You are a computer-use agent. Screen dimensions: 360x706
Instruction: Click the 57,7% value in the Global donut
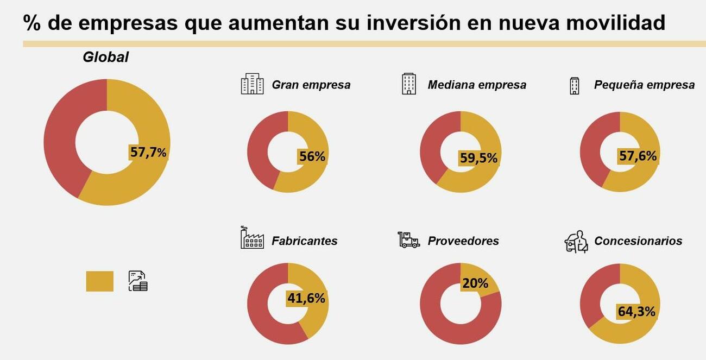(x=148, y=152)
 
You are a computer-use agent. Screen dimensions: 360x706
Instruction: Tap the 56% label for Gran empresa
(x=312, y=156)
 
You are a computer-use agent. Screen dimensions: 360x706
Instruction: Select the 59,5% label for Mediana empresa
(x=478, y=158)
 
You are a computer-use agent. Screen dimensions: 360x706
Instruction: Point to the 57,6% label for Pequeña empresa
(x=638, y=156)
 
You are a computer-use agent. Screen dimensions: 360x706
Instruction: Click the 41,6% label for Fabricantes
(x=306, y=298)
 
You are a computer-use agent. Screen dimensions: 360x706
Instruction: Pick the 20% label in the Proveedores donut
(x=475, y=283)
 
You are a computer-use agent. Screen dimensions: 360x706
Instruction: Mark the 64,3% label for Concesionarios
(x=636, y=312)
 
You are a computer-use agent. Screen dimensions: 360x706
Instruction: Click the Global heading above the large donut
(x=105, y=57)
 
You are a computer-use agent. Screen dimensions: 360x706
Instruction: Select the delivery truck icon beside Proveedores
(x=408, y=239)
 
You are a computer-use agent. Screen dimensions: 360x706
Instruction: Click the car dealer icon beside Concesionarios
(x=576, y=242)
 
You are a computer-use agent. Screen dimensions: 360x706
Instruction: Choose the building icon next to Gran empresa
(x=252, y=84)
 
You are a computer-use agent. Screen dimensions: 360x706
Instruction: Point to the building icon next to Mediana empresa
(x=409, y=84)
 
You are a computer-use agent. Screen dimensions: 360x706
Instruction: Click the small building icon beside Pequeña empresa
(x=574, y=85)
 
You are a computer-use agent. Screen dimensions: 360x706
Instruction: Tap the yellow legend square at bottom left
(x=99, y=281)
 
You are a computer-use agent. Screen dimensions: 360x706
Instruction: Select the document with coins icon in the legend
(x=138, y=281)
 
